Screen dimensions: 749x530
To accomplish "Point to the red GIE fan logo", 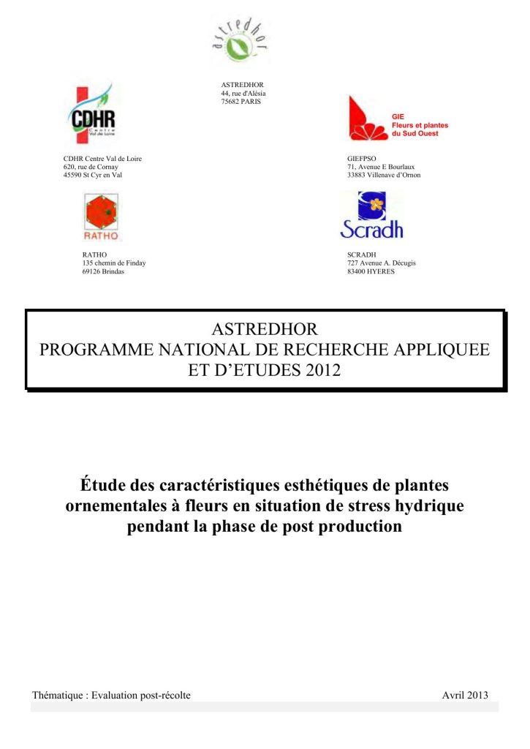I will tap(366, 119).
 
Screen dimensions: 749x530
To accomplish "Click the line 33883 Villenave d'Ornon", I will tap(384, 176).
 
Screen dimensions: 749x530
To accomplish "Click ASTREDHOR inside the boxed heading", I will tap(264, 328).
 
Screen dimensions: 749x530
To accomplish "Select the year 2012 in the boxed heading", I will tap(322, 369).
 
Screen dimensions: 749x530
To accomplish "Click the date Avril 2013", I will tap(465, 695).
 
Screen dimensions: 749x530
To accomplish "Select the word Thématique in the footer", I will tap(58, 695).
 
